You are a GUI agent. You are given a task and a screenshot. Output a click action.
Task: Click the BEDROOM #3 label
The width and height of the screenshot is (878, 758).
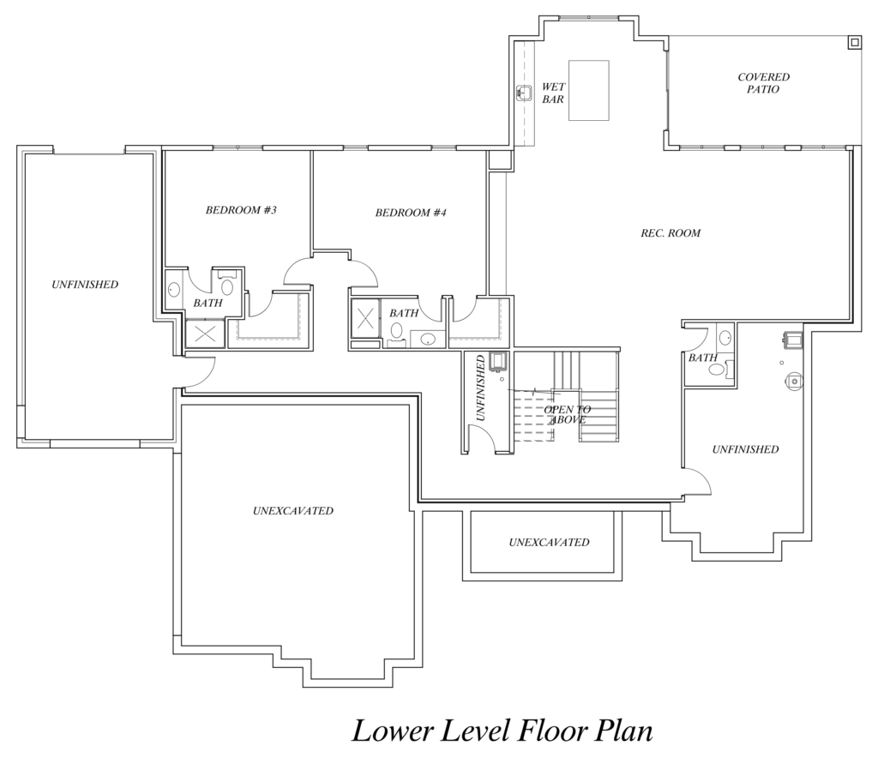pyautogui.click(x=241, y=210)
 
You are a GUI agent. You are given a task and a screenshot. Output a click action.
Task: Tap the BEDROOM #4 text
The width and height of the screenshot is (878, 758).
pyautogui.click(x=411, y=213)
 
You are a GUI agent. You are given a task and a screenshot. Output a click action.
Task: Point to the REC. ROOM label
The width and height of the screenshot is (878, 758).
pyautogui.click(x=671, y=233)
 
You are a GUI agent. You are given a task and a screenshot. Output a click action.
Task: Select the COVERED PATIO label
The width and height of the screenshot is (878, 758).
pyautogui.click(x=763, y=83)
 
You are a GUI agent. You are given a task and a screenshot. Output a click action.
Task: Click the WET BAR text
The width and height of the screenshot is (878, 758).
pyautogui.click(x=553, y=93)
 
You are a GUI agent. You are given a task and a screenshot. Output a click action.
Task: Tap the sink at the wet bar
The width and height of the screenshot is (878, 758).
pyautogui.click(x=524, y=93)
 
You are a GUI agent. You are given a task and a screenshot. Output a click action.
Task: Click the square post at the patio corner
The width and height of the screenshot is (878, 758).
pyautogui.click(x=855, y=43)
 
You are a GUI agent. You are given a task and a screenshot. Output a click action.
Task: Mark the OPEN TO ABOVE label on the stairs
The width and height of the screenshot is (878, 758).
pyautogui.click(x=568, y=415)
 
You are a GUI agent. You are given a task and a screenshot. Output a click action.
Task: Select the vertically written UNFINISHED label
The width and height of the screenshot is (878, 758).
pyautogui.click(x=480, y=388)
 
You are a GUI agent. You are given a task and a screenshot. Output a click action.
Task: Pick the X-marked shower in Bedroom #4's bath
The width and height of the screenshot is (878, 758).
pyautogui.click(x=365, y=320)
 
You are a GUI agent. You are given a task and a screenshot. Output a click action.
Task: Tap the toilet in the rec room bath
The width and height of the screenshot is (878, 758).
pyautogui.click(x=719, y=369)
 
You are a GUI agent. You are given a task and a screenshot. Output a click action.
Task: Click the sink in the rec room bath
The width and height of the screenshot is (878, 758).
pyautogui.click(x=725, y=338)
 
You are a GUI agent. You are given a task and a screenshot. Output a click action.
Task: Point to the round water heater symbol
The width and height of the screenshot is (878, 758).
pyautogui.click(x=795, y=381)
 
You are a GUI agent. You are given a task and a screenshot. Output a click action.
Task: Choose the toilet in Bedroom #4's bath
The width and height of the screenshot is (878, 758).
pyautogui.click(x=397, y=333)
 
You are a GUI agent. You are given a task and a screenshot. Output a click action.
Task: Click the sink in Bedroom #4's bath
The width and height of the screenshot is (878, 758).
pyautogui.click(x=429, y=339)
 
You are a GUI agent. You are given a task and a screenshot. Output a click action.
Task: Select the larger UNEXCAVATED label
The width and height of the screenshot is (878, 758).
pyautogui.click(x=293, y=510)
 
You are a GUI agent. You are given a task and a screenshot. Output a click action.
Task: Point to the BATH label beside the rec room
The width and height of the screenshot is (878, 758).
pyautogui.click(x=703, y=358)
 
